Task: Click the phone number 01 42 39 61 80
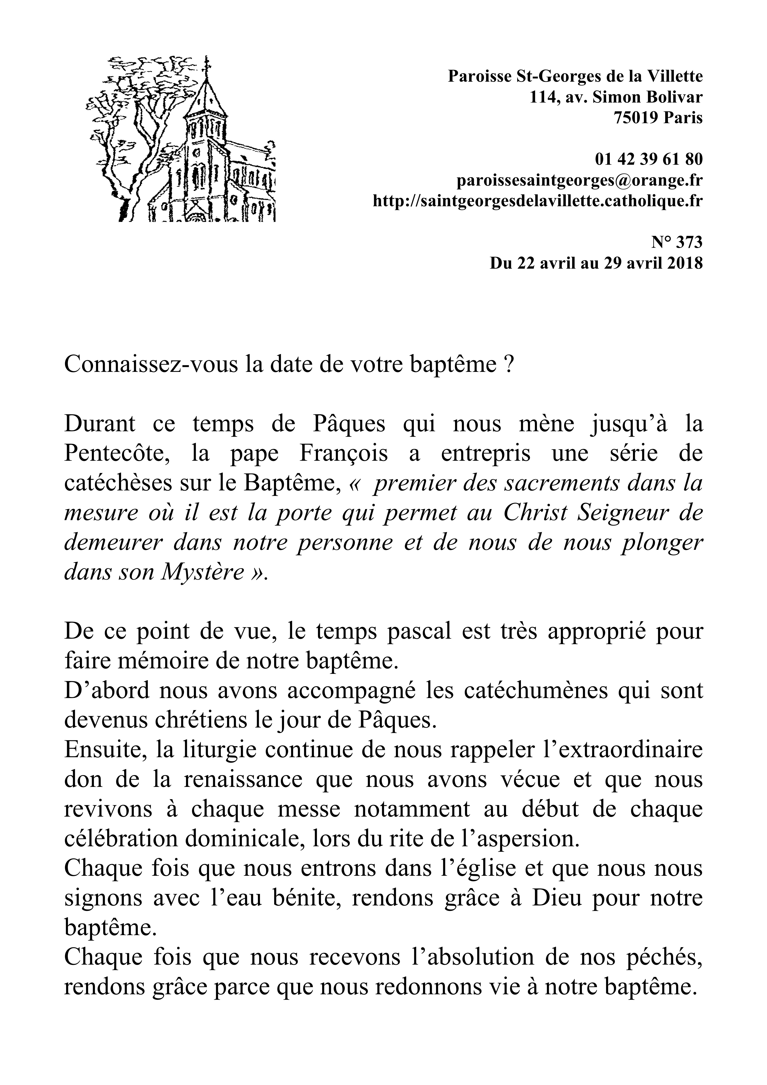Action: click(x=648, y=160)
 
